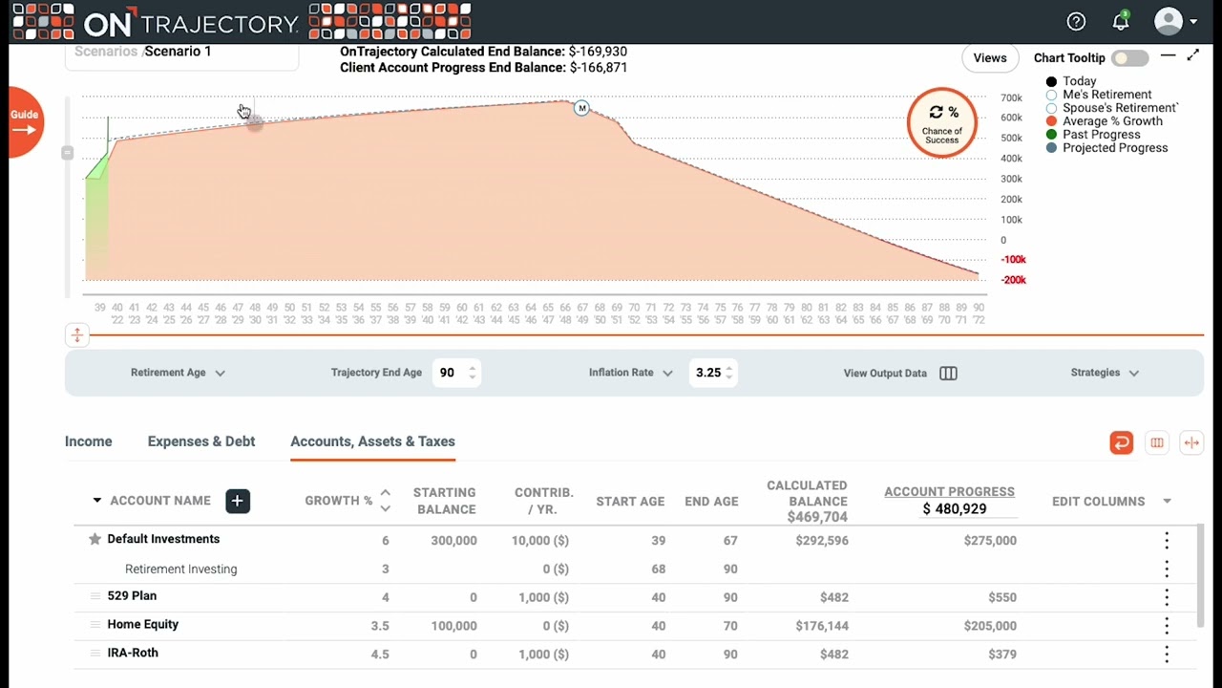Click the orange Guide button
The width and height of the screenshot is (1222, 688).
(25, 121)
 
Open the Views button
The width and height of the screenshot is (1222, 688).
(989, 58)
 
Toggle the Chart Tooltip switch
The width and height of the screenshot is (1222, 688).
(1129, 58)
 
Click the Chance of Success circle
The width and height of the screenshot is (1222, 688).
(941, 122)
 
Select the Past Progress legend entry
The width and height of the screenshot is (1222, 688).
(1100, 135)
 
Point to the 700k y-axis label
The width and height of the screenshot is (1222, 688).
(1011, 98)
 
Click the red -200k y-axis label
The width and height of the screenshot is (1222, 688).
(1013, 280)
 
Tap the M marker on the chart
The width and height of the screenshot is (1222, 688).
(581, 108)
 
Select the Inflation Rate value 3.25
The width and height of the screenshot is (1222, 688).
(708, 373)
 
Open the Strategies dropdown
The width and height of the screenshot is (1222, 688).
(1105, 373)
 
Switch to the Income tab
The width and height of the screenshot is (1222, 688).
(88, 441)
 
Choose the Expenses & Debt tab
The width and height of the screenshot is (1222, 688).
(200, 441)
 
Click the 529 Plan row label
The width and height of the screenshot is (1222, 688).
(132, 596)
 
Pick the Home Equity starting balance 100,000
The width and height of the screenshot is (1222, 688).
(453, 626)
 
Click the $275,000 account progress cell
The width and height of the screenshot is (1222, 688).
(989, 541)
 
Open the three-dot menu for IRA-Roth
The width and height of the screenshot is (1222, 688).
(1166, 655)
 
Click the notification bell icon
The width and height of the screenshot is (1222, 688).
(1121, 22)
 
